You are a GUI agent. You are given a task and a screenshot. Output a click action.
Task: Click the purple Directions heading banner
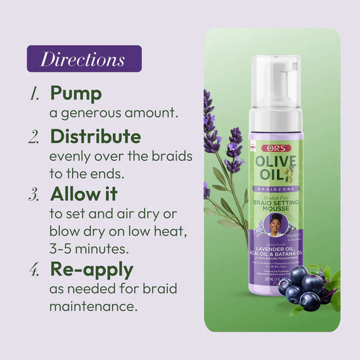83,59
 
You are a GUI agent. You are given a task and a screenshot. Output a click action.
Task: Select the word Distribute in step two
95,137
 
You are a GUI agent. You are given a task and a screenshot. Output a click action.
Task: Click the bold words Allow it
83,195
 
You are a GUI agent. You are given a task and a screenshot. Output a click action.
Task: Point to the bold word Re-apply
91,269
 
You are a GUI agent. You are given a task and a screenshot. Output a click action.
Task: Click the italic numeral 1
34,94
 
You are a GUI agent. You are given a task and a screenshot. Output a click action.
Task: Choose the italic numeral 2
34,137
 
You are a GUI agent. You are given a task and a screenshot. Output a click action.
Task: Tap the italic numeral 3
34,196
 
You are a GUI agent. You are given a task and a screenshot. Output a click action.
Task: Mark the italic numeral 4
34,269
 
